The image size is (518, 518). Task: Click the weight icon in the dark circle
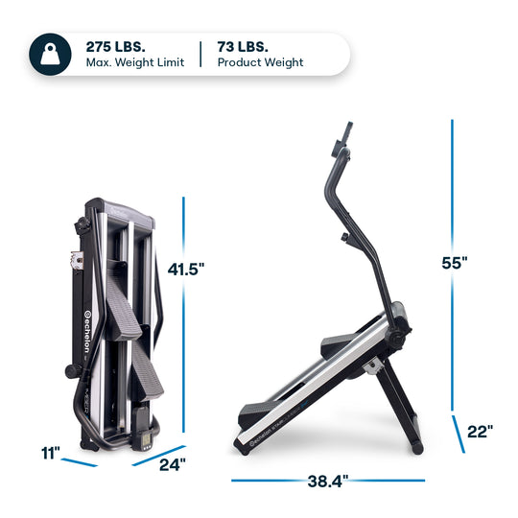pyautogui.click(x=48, y=54)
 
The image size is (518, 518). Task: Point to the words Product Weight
pyautogui.click(x=260, y=63)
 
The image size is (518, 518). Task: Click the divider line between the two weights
pyautogui.click(x=200, y=54)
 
